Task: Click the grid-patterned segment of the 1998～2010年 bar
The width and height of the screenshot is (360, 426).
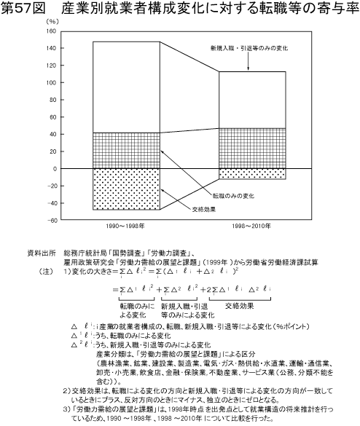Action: pyautogui.click(x=252, y=149)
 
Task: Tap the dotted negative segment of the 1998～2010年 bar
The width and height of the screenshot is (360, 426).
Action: pyautogui.click(x=252, y=174)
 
